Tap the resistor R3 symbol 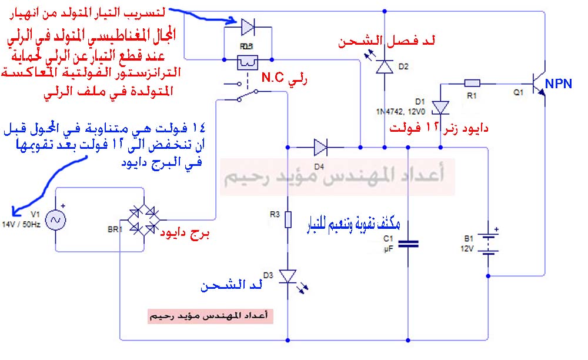coord(288,220)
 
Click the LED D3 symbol coord(288,276)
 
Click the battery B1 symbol coord(489,244)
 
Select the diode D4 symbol coord(320,145)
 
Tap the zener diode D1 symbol coord(440,106)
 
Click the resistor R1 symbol coord(473,83)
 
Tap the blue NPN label coord(559,84)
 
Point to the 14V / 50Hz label coord(22,225)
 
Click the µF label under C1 coord(388,249)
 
